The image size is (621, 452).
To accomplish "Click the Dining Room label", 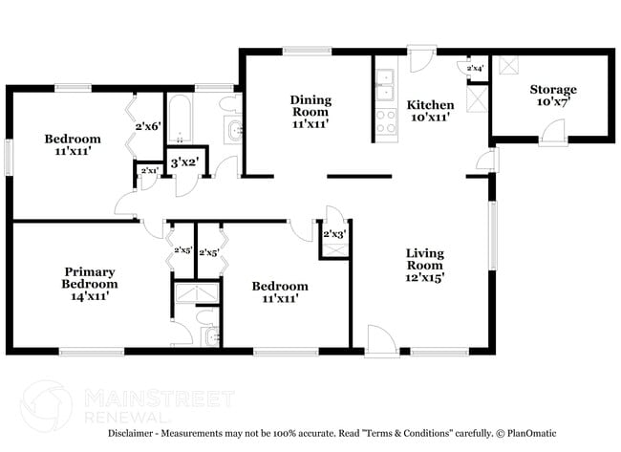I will (x=310, y=106).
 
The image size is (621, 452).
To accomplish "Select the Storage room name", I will (x=553, y=90).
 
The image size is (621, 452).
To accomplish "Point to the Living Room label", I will (x=425, y=259).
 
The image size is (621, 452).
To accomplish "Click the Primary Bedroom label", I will (x=90, y=277).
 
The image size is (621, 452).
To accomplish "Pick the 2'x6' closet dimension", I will (x=148, y=126).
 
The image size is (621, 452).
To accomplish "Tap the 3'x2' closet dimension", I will (x=183, y=162).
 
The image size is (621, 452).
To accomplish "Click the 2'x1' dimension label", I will (x=148, y=171).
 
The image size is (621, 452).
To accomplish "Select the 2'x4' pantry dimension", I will (x=475, y=69).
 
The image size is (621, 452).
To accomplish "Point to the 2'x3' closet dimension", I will (x=333, y=234).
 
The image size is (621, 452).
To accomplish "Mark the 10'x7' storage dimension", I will (x=553, y=102).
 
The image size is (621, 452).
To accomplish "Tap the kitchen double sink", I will (x=385, y=85).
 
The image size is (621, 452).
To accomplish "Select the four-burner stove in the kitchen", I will (x=385, y=121).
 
